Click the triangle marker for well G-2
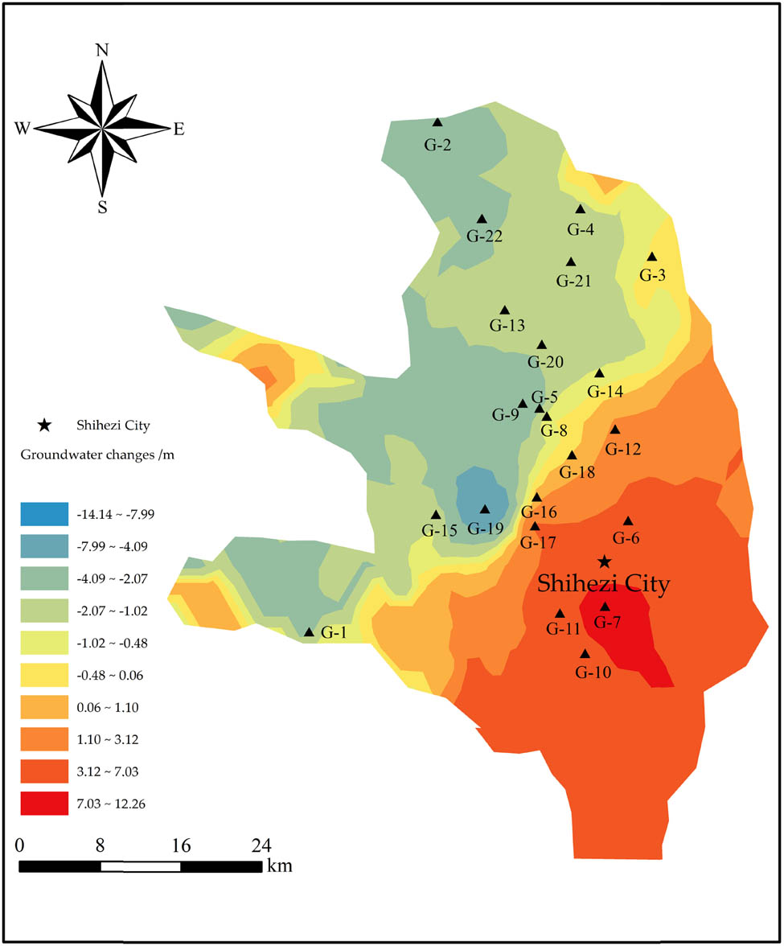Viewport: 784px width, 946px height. (x=437, y=122)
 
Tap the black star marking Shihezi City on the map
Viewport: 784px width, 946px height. (x=605, y=561)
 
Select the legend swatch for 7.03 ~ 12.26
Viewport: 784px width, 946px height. (x=43, y=804)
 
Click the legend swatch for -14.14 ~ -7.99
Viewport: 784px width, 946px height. (x=43, y=513)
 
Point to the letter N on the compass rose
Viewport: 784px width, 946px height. (x=102, y=50)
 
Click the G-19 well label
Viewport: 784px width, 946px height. (x=484, y=529)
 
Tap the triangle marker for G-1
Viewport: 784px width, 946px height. (x=309, y=632)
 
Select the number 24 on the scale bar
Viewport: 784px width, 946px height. (x=261, y=846)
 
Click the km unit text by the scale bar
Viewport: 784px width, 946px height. (x=279, y=867)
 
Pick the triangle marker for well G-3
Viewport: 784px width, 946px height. (x=652, y=257)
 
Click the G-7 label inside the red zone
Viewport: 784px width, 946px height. (x=608, y=622)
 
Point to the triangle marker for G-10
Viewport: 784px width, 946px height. (x=585, y=654)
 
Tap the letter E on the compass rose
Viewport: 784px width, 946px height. (x=179, y=129)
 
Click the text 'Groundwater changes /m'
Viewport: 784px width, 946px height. (x=97, y=454)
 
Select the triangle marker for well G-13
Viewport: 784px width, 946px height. (x=505, y=310)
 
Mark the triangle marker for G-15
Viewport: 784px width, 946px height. (x=436, y=515)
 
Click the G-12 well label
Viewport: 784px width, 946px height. (x=623, y=449)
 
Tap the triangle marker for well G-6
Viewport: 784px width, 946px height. (x=628, y=520)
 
